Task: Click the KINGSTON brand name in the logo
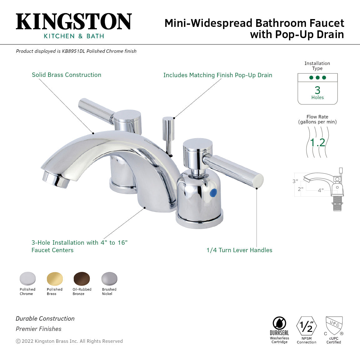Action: pyautogui.click(x=74, y=22)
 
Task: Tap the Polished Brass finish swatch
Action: pyautogui.click(x=55, y=278)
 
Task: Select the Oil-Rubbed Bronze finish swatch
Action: pyautogui.click(x=82, y=278)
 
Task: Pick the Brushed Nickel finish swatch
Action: pyautogui.click(x=109, y=278)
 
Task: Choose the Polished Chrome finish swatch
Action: pyautogui.click(x=27, y=278)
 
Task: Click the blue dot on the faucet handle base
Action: pyautogui.click(x=213, y=192)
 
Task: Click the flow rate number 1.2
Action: pyautogui.click(x=317, y=142)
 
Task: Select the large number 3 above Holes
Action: pyautogui.click(x=317, y=90)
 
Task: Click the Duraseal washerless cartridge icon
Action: pyautogui.click(x=279, y=323)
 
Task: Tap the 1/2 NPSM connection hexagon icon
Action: pyautogui.click(x=306, y=326)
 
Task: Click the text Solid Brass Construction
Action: pyautogui.click(x=67, y=75)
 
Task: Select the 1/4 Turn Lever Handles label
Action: pyautogui.click(x=239, y=250)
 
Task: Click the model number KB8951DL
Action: pyautogui.click(x=73, y=51)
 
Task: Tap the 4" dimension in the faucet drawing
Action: pyautogui.click(x=321, y=190)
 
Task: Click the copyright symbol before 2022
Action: pyautogui.click(x=18, y=341)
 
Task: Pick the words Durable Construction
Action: pyautogui.click(x=45, y=319)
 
